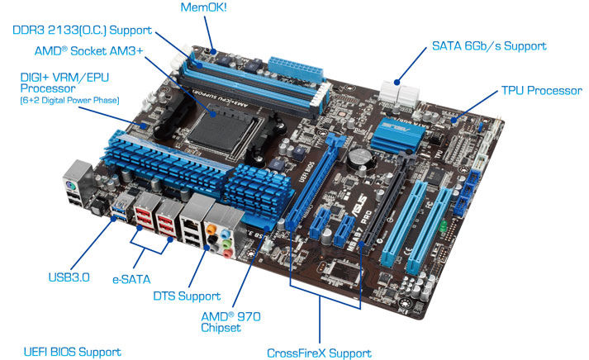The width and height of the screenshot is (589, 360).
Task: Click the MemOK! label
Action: tap(203, 7)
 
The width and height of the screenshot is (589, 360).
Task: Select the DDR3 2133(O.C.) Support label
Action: tap(83, 30)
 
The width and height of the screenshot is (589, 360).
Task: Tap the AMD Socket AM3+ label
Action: tap(89, 50)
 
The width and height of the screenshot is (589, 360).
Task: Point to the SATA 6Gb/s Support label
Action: tap(489, 45)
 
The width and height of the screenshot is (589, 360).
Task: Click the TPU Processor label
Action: tap(542, 91)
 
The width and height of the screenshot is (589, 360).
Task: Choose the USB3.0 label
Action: tap(69, 277)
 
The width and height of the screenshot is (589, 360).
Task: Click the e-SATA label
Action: tap(131, 279)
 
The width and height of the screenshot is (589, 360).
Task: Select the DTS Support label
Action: tap(187, 296)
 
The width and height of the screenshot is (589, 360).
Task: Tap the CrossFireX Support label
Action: tap(319, 353)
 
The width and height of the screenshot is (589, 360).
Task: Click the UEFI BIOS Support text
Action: tap(73, 352)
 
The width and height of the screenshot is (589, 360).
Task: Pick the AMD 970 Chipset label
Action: tap(230, 322)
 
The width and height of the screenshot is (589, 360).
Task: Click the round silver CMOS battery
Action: tap(360, 157)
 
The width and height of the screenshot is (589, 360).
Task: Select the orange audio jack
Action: tap(211, 228)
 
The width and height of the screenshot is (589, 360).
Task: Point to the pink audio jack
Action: tap(228, 253)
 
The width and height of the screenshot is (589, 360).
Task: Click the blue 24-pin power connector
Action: tap(296, 69)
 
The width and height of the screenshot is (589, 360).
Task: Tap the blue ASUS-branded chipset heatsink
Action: tap(397, 135)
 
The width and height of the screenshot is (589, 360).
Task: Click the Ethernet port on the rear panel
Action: tap(191, 226)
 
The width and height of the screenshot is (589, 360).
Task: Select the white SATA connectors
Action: tap(398, 92)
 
